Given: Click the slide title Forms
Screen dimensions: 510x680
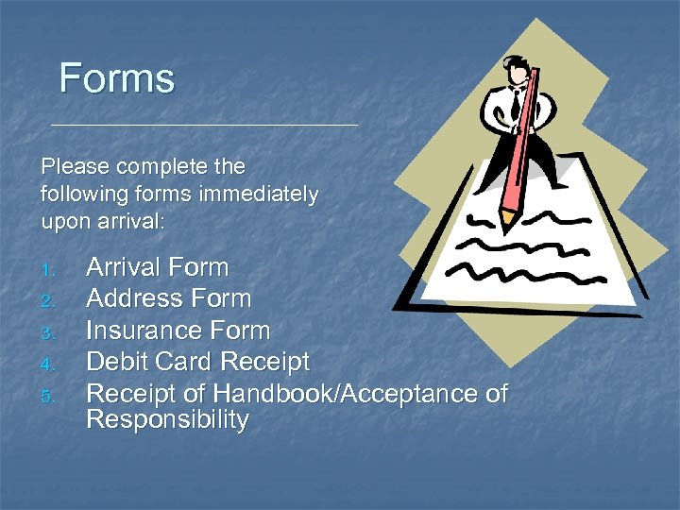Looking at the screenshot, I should [x=117, y=78].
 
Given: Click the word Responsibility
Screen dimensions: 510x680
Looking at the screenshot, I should [x=167, y=420].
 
